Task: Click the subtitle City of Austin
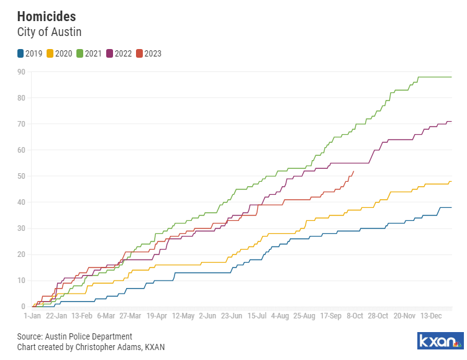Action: [49, 31]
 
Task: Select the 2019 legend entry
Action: [30, 53]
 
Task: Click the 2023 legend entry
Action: [148, 53]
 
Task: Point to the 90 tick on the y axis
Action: [21, 72]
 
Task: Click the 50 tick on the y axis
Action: [21, 176]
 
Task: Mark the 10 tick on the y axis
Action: [21, 281]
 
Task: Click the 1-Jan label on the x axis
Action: [32, 316]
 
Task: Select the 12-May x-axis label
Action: [183, 316]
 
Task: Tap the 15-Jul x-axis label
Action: [257, 316]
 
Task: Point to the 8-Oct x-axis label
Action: [355, 316]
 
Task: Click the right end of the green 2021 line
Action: [451, 77]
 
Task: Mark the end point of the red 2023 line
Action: [354, 171]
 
